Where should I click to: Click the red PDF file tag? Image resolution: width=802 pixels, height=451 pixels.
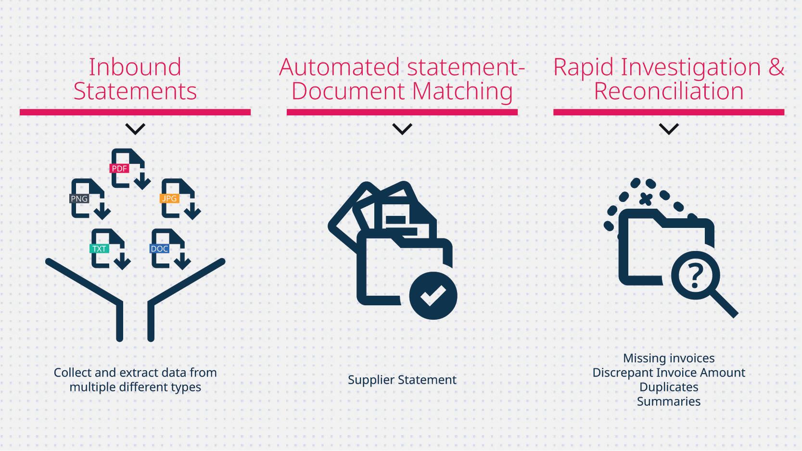tap(119, 168)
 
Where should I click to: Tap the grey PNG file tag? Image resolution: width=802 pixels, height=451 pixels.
tap(79, 199)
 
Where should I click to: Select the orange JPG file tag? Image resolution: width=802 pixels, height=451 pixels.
tap(169, 198)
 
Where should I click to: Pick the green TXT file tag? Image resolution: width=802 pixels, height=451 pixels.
tap(99, 249)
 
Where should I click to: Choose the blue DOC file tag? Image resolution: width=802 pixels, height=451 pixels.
tap(159, 249)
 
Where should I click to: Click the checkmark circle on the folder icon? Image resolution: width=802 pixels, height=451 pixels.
tap(433, 296)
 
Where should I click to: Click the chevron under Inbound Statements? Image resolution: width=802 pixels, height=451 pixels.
tap(135, 129)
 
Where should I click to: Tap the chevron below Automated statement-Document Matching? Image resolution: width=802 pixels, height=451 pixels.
tap(402, 129)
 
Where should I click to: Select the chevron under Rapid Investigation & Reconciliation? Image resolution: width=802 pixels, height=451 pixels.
tap(669, 129)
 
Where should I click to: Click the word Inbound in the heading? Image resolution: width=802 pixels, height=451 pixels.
tap(135, 67)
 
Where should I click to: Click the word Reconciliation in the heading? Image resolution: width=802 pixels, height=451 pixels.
tap(669, 91)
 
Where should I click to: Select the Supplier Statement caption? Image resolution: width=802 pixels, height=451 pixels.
tap(402, 380)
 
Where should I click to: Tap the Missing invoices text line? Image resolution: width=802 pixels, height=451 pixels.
tap(669, 358)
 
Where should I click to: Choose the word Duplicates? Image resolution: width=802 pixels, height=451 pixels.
tap(669, 387)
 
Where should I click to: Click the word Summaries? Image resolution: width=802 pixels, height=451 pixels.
tap(669, 401)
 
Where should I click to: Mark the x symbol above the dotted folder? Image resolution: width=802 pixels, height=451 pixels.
tap(646, 199)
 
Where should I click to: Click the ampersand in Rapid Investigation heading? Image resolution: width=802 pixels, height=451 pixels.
tap(776, 67)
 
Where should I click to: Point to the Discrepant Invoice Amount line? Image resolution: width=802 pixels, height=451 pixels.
tap(669, 373)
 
